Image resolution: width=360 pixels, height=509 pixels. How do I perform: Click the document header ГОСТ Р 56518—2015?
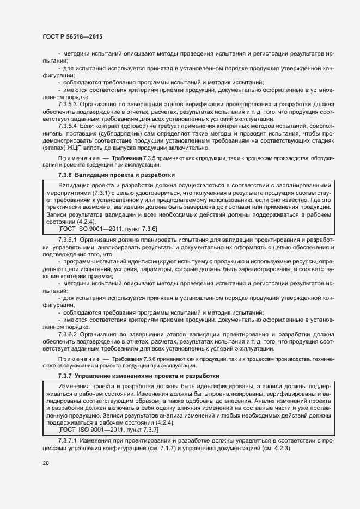pos(72,36)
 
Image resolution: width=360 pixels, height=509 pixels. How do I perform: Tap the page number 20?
pos(46,463)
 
